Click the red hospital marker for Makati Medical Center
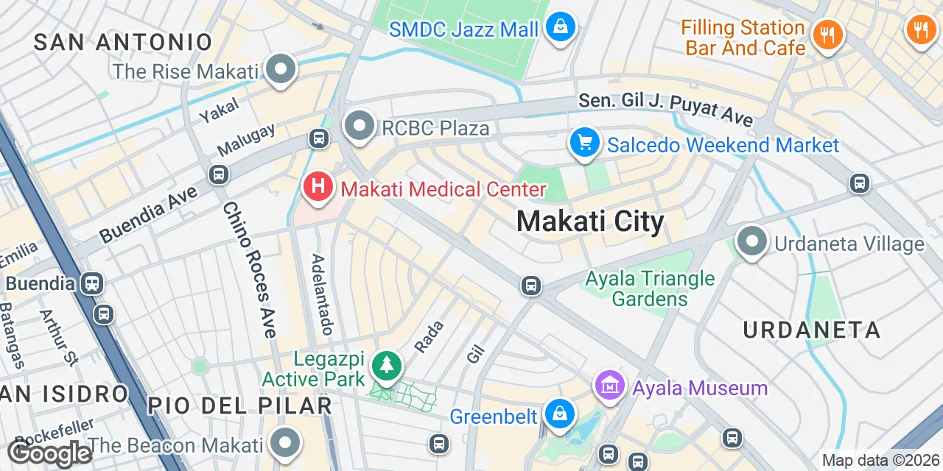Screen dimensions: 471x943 click(x=318, y=187)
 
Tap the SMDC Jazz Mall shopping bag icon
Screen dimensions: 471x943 click(x=561, y=27)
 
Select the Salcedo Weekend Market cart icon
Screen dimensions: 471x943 click(x=584, y=143)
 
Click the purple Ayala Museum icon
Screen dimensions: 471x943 click(x=610, y=385)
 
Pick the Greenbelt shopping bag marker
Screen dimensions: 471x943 click(x=560, y=414)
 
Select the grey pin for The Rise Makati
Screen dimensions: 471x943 click(x=280, y=70)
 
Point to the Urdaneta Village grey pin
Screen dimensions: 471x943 click(x=752, y=241)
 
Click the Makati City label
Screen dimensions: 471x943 click(x=590, y=221)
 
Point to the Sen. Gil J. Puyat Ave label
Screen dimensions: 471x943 click(x=665, y=109)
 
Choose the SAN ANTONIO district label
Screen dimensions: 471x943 click(x=123, y=42)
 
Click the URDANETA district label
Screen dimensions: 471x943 click(x=811, y=330)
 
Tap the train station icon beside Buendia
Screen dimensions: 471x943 click(x=92, y=283)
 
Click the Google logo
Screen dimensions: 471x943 click(x=50, y=454)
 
